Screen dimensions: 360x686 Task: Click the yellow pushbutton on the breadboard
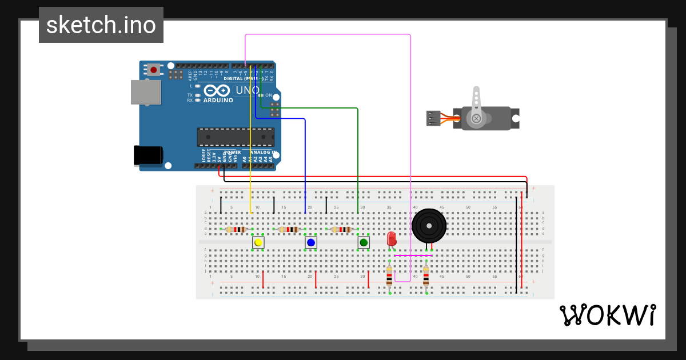pos(258,242)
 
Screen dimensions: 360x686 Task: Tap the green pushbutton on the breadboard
pos(363,242)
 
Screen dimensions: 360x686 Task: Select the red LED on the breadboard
pos(392,238)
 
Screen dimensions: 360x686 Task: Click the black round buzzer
pos(429,226)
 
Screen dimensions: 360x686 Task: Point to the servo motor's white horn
pos(476,106)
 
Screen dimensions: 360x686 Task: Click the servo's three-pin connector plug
pos(433,118)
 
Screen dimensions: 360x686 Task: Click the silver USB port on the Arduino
pos(145,92)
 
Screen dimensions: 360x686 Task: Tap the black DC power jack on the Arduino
pos(147,155)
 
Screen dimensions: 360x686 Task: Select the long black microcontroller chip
pos(236,137)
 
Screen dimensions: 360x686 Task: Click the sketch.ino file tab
pos(101,25)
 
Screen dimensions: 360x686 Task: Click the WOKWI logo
pos(607,315)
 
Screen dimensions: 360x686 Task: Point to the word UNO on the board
pos(248,90)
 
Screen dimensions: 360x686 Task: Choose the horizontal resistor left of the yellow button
pos(236,230)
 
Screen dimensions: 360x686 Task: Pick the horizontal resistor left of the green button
pos(341,230)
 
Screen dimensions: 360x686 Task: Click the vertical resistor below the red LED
pos(389,277)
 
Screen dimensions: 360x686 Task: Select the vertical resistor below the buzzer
pos(426,277)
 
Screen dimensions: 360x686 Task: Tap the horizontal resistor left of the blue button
pos(289,230)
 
